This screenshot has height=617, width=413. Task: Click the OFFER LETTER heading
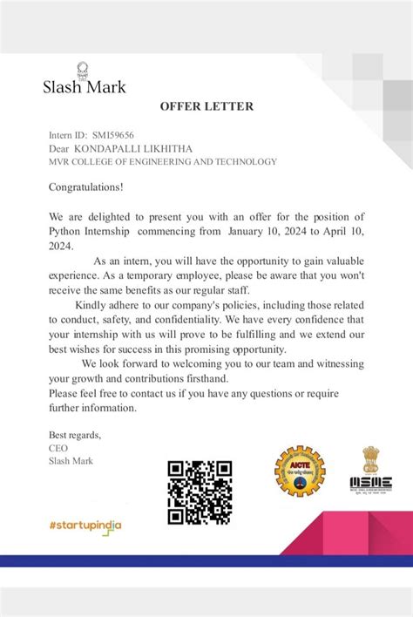pos(206,106)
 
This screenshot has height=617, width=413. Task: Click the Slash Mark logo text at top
pos(85,86)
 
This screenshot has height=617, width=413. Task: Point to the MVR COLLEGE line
pos(163,161)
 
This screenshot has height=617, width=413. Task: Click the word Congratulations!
pos(86,186)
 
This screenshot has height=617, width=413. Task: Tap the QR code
pos(200,492)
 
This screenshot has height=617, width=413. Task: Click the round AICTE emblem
pos(299,475)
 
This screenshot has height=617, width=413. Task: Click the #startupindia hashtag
pos(85,525)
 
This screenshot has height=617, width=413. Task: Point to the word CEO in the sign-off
pos(58,448)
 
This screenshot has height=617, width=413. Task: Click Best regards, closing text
pos(75,435)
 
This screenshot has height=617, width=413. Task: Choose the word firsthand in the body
pos(204,379)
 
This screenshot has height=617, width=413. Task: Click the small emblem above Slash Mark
pos(83,68)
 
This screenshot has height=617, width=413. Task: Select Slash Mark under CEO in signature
pos(71,460)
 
